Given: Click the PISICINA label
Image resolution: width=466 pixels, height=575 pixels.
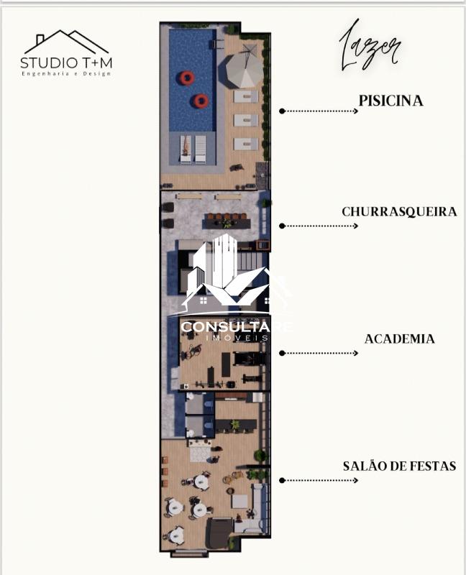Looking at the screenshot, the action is [390, 101].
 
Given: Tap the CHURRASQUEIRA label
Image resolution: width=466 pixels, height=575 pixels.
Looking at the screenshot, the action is [399, 211].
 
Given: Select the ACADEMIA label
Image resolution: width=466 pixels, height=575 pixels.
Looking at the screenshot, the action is [400, 339].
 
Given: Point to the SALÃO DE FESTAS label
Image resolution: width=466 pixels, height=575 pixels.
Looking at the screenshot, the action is [400, 466].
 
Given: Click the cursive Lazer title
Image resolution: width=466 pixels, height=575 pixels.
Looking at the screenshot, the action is [370, 47].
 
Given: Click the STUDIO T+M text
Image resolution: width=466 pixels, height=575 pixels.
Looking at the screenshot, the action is [66, 63].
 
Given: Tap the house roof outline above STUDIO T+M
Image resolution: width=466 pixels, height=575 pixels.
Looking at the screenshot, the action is [66, 42].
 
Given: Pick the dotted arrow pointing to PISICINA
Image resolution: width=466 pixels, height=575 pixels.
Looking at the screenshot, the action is [319, 111].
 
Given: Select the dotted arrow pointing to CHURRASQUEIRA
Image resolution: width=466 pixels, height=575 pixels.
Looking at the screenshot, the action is [319, 226].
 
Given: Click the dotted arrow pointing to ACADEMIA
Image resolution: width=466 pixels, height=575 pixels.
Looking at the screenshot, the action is [319, 353].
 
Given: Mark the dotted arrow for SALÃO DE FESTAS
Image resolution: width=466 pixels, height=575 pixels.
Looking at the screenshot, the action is [319, 480].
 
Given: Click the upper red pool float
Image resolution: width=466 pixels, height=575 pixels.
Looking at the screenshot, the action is [187, 78].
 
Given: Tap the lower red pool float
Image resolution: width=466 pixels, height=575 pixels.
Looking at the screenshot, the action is [201, 101].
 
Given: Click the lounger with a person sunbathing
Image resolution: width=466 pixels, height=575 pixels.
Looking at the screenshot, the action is [186, 149].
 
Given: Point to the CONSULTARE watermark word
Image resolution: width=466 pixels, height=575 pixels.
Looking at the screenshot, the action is [237, 326].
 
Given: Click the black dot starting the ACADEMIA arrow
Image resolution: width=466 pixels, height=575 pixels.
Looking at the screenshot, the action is [282, 353].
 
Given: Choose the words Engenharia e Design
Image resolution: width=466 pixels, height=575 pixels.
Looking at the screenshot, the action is [66, 74].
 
